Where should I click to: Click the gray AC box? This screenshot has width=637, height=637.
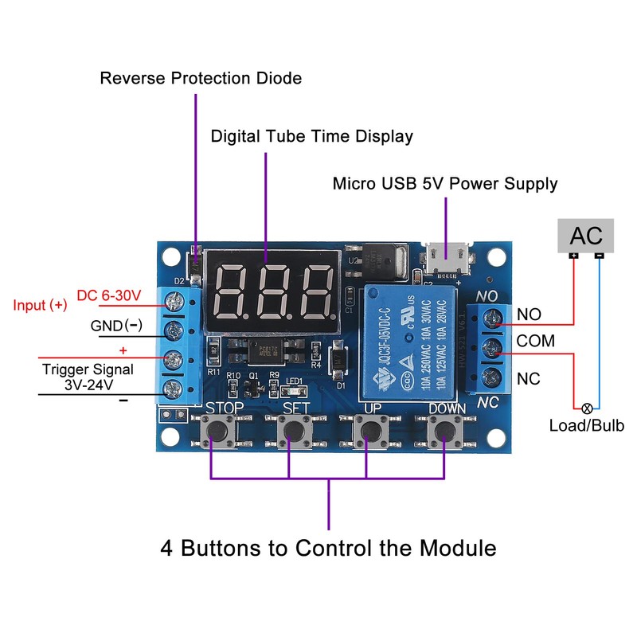pyautogui.click(x=585, y=235)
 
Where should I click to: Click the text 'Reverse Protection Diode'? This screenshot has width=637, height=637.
pyautogui.click(x=201, y=78)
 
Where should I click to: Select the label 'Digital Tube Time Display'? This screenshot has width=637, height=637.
pyautogui.click(x=311, y=136)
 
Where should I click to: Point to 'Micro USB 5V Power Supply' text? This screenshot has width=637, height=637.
pyautogui.click(x=444, y=184)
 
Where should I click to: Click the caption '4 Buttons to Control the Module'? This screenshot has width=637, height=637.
pyautogui.click(x=328, y=548)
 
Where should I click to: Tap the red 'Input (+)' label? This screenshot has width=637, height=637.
pyautogui.click(x=40, y=305)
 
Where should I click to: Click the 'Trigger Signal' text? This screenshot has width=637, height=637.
pyautogui.click(x=88, y=369)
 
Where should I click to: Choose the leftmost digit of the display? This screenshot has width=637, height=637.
pyautogui.click(x=233, y=291)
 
